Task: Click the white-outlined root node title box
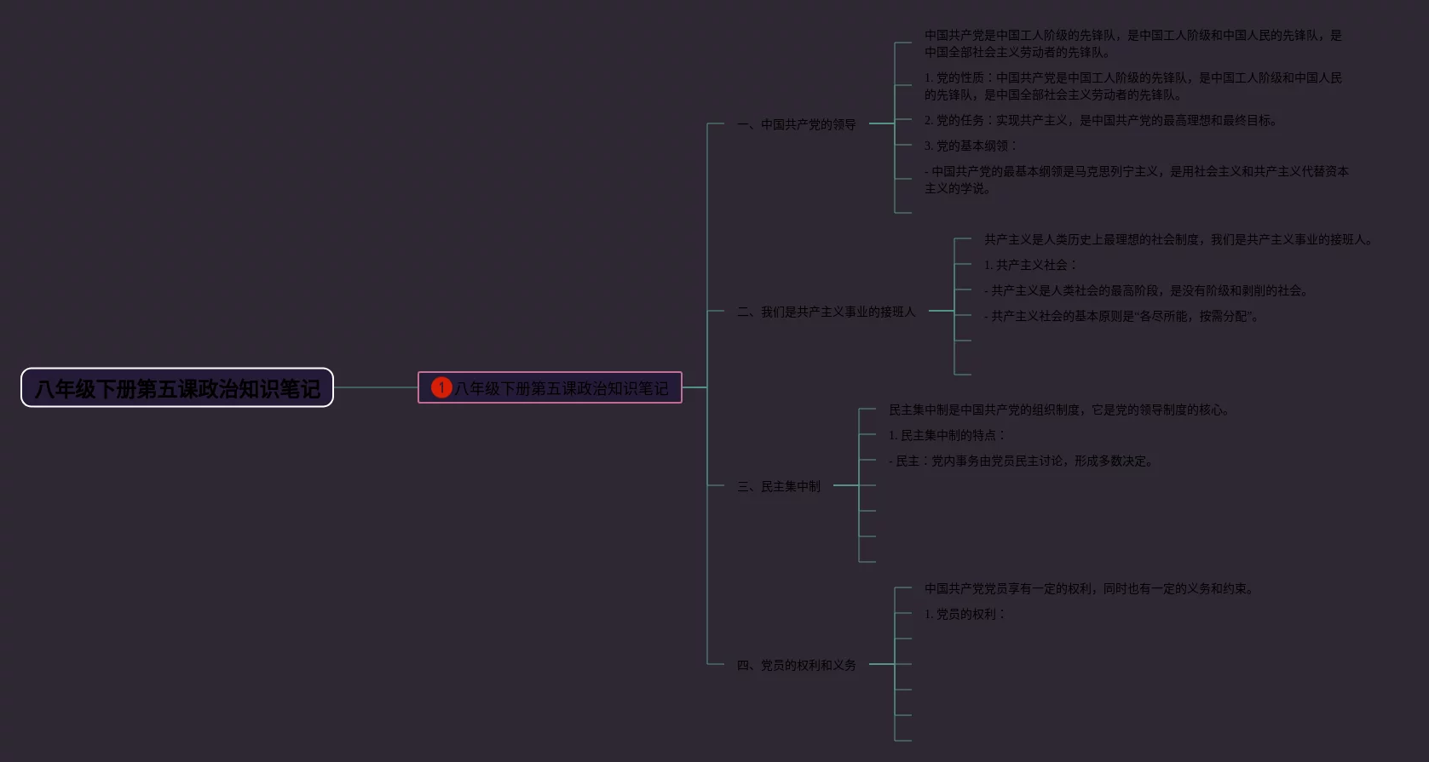click(177, 388)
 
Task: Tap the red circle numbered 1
click(441, 387)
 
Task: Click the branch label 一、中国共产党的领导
click(796, 124)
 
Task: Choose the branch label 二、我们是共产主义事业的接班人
click(826, 312)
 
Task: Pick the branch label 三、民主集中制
click(779, 486)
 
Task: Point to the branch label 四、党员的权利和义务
click(796, 665)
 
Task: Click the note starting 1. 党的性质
click(1132, 86)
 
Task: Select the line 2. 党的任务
click(1100, 120)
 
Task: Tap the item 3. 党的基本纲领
click(970, 146)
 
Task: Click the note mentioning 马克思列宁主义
click(1136, 180)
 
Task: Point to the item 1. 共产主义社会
click(1029, 265)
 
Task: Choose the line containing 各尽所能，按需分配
click(1121, 316)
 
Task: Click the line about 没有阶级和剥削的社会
click(1145, 290)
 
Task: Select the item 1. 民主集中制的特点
click(946, 435)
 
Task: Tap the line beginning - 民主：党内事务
click(1021, 461)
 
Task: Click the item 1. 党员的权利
click(964, 614)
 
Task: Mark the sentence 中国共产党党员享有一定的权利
click(1088, 588)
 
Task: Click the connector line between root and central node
click(375, 387)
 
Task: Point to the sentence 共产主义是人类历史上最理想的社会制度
click(1178, 239)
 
